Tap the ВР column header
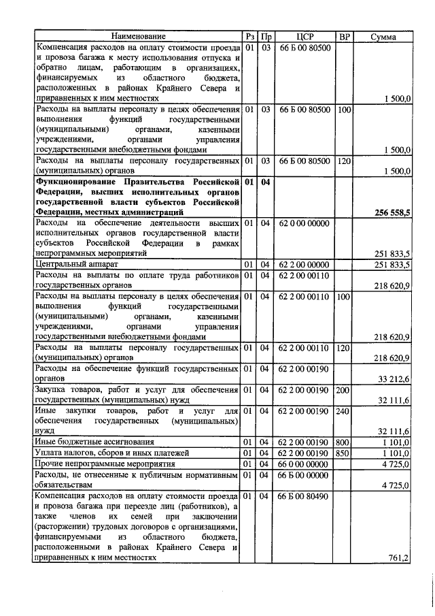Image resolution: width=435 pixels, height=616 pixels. (344, 36)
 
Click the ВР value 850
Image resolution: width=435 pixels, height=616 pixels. (344, 453)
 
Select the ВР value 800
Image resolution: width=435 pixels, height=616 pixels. (344, 442)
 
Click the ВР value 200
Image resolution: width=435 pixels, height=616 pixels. (344, 389)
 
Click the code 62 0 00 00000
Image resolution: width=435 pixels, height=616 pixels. (304, 222)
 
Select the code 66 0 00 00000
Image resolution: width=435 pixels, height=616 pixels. (304, 464)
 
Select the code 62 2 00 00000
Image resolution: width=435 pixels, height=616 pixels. (304, 264)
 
